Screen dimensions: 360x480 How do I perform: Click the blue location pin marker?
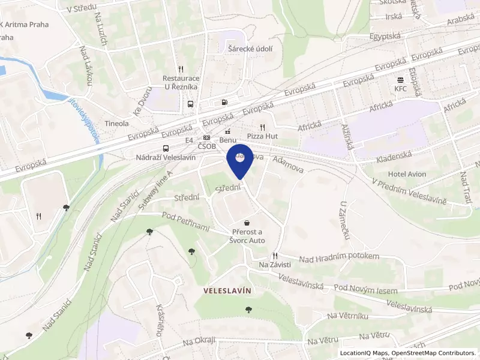click(240, 159)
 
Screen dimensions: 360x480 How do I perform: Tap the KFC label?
click(400, 89)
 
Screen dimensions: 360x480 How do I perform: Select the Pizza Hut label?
click(262, 137)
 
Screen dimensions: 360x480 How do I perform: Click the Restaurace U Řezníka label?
click(181, 82)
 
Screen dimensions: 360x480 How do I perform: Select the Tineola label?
click(117, 123)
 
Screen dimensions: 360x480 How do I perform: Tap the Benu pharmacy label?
click(227, 140)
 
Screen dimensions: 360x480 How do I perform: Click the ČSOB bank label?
click(206, 148)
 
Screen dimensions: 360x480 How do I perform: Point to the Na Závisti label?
click(275, 265)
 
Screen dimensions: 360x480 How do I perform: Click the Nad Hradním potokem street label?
click(340, 257)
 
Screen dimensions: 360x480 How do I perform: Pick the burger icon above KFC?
click(400, 80)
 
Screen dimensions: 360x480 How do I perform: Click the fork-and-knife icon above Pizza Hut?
click(262, 127)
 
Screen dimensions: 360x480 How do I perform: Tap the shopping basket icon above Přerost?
click(247, 223)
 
